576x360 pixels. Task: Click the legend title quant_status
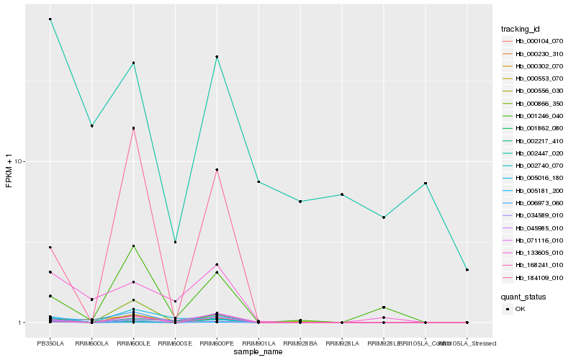point(523,296)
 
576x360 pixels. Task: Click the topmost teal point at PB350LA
point(50,19)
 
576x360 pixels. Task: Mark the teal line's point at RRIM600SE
point(175,242)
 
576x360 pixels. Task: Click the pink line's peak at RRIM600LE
point(133,128)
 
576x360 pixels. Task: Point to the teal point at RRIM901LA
point(258,181)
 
